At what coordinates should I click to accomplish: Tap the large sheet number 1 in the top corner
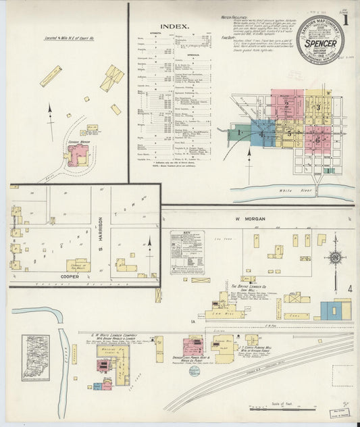coord(345,21)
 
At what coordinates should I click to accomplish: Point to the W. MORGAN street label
coord(249,218)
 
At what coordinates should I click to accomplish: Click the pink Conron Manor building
coord(78,154)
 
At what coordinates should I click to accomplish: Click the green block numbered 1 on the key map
coord(240,132)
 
